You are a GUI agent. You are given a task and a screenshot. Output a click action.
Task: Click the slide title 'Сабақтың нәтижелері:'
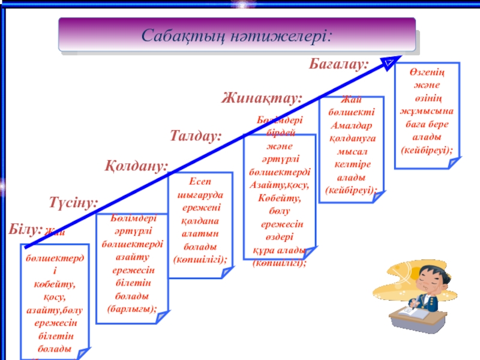coord(236,34)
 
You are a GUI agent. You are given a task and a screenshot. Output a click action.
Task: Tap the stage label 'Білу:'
coord(26,229)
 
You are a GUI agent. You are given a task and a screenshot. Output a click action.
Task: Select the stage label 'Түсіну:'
coord(73,202)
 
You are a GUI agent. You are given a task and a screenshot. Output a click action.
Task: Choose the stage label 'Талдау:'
coord(196,136)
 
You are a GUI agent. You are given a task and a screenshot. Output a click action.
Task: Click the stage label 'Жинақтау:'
coord(262,97)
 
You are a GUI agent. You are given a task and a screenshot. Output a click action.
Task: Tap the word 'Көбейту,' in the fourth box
coord(279,197)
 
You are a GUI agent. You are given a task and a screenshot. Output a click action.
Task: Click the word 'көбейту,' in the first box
coord(55,283)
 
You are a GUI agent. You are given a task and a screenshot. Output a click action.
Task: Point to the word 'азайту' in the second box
coord(132,257)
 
